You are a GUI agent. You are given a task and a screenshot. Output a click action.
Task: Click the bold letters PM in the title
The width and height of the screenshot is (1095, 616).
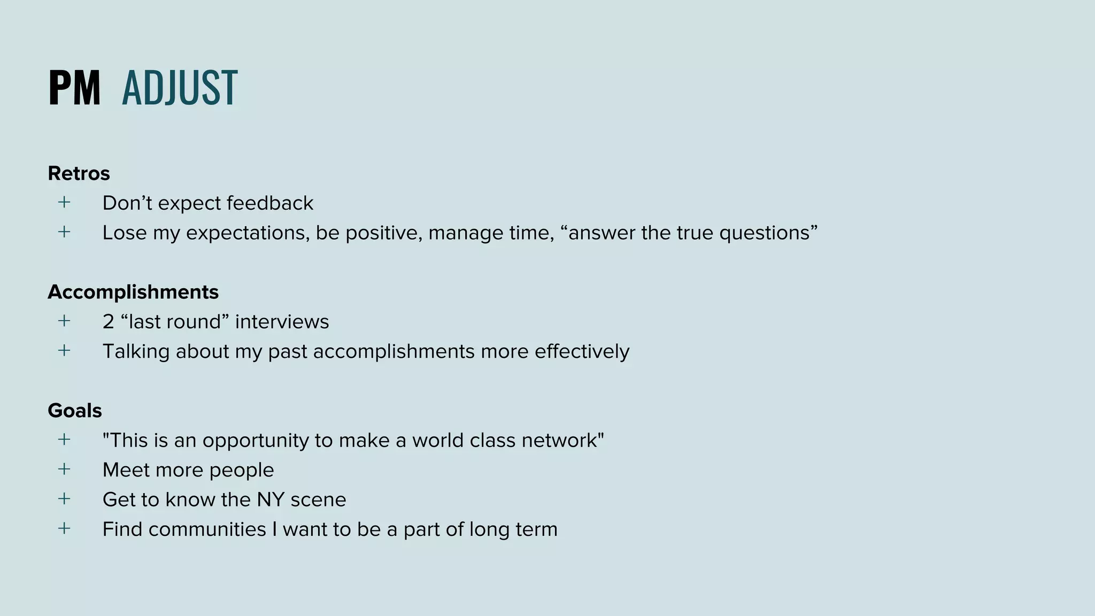(74, 88)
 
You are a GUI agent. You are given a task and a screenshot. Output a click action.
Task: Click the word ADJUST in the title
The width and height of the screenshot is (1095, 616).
(180, 88)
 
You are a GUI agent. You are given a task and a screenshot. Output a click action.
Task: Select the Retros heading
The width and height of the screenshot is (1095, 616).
(79, 173)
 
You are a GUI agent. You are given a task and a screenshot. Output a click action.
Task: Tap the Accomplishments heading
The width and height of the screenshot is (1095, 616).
(133, 292)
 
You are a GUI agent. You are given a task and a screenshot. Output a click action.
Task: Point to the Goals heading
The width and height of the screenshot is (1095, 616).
(75, 411)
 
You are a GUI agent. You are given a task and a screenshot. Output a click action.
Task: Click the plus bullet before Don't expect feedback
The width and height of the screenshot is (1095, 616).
(64, 202)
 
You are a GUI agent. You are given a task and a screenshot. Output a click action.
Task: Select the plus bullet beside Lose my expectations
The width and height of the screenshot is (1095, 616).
(64, 232)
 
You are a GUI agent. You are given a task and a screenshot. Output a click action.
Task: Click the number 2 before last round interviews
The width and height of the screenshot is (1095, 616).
(108, 322)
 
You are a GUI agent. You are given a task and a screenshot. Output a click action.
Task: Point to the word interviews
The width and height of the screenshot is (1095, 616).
(282, 322)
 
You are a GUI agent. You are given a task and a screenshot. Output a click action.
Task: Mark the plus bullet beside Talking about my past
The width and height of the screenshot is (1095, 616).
(64, 351)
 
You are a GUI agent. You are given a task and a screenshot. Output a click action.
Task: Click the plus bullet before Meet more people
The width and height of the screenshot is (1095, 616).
(64, 469)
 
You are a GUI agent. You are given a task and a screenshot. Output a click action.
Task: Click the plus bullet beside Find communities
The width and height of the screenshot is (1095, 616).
(64, 529)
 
